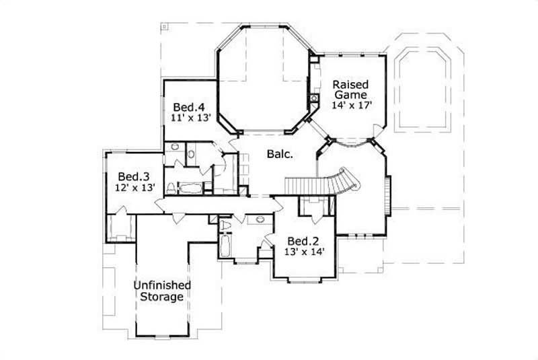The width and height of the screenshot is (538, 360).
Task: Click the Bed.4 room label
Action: point(188,106)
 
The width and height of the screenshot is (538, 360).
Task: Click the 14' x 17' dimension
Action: point(351,105)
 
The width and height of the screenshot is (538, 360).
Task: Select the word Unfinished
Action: point(161,285)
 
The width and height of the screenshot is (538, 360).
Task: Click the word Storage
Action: point(161,296)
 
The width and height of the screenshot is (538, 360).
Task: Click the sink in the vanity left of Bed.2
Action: point(260,220)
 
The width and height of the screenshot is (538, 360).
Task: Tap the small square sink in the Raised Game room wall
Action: point(313,99)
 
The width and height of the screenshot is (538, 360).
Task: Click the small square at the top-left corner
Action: point(164,28)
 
